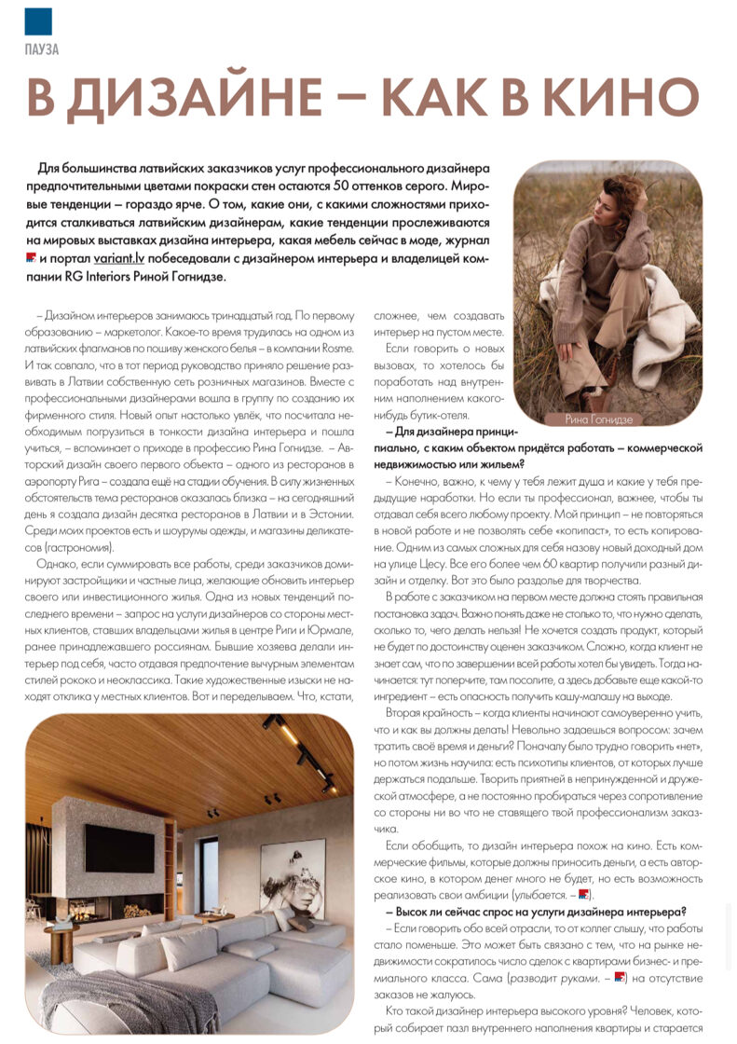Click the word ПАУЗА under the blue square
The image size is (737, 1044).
tap(42, 49)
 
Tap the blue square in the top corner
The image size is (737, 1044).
tap(38, 21)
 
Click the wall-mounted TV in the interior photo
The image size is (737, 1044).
tap(119, 847)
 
